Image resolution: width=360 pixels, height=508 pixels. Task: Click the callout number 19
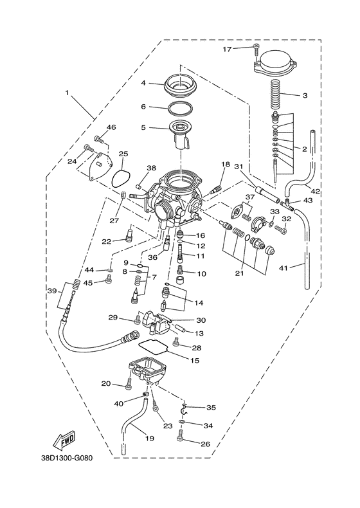149,439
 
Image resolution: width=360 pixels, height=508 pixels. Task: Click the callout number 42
316,191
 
